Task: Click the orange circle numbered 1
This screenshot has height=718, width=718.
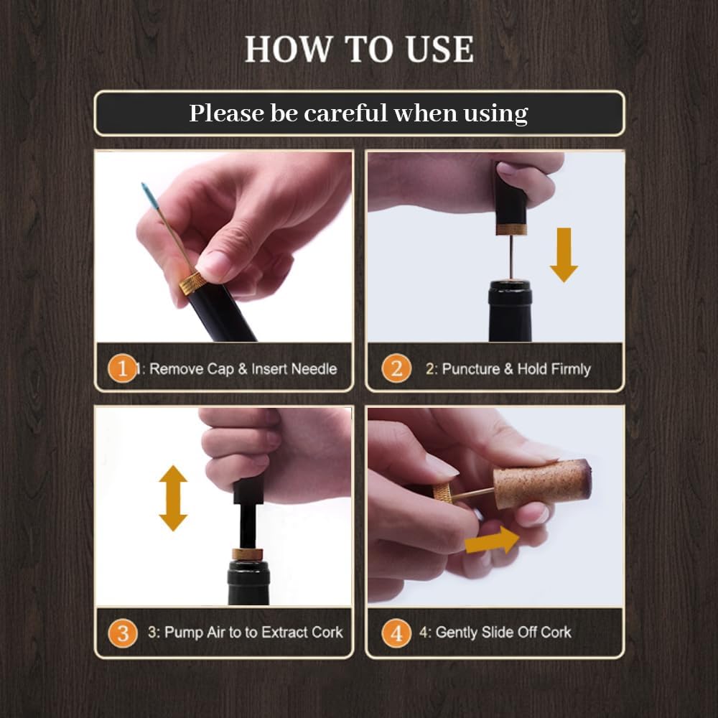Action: click(122, 368)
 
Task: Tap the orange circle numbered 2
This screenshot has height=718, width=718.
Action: click(396, 368)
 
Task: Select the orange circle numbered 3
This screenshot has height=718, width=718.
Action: click(123, 633)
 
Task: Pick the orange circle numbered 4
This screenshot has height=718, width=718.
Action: click(396, 633)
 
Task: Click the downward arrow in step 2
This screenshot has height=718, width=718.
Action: click(564, 255)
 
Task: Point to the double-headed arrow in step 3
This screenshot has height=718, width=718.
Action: click(173, 498)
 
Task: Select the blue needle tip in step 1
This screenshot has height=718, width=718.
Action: click(147, 194)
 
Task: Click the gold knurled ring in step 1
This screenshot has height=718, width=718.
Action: click(192, 283)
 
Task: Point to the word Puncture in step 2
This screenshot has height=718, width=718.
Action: click(471, 368)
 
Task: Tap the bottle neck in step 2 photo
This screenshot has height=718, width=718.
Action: click(510, 312)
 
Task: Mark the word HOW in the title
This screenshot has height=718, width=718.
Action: click(289, 49)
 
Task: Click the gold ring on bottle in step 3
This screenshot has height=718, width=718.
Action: click(247, 554)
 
